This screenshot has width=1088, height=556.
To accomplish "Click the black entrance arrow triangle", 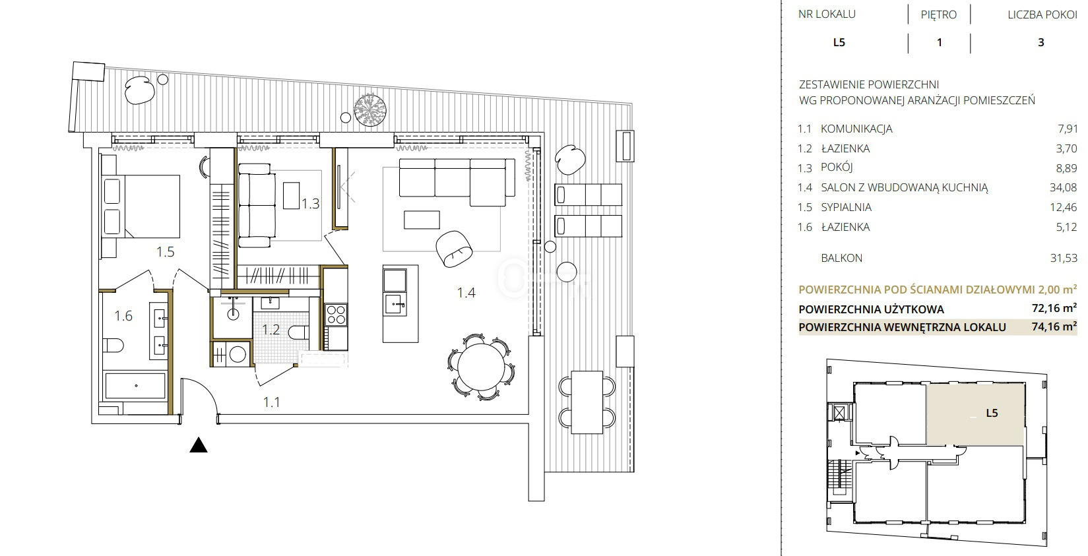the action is pos(198,445).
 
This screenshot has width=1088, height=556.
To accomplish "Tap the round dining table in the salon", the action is pos(481,367).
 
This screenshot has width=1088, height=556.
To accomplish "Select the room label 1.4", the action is pos(466,292).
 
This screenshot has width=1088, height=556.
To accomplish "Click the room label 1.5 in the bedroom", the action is pos(165,251).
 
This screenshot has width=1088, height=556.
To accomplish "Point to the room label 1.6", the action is pos(123,316).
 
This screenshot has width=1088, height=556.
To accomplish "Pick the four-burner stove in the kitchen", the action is pos(336,314).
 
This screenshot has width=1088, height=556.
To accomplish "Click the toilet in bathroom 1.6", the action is pos(113,345).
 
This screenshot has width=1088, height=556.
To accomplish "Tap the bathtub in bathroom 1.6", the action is pos(135,386).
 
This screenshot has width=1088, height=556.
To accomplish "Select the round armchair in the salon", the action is pos(454,248).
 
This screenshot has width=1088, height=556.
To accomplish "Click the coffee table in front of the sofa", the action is pos(422,220).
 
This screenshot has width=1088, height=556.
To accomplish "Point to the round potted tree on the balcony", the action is pos(370,109).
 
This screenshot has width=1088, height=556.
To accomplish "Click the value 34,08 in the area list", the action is pos(1063,187).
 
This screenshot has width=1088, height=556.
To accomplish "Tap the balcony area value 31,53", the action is pos(1064,258).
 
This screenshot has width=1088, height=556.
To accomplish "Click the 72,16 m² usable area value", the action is pos(1054,309).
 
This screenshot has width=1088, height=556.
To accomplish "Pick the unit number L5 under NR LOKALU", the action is pos(839,42).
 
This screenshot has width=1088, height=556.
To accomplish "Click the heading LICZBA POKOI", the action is pos(1042,15).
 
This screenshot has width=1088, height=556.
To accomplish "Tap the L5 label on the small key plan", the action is pos(992,413).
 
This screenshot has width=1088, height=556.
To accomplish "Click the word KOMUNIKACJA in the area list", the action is pos(856,129).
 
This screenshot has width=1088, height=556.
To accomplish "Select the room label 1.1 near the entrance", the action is pos(272,402).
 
